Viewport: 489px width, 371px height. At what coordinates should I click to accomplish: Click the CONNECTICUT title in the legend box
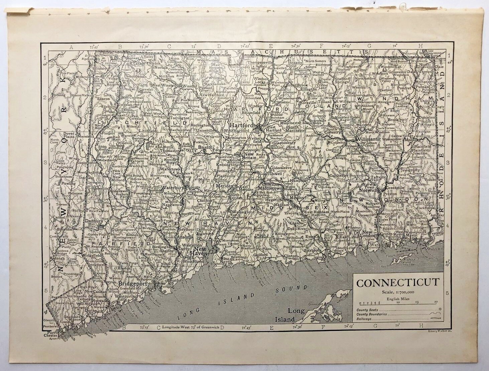397,283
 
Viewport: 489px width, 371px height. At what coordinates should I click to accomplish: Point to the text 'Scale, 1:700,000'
397,292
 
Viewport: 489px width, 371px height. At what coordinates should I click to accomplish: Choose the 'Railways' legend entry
365,318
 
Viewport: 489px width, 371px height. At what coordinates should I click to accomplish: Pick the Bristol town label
203,147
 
